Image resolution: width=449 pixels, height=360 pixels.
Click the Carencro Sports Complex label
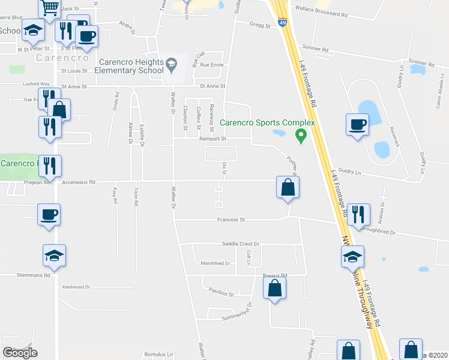click(x=267, y=123)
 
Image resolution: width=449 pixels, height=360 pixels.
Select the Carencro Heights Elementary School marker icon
click(x=172, y=65)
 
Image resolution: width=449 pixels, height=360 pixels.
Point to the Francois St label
click(x=231, y=220)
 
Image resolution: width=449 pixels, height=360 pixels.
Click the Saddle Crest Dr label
click(x=239, y=244)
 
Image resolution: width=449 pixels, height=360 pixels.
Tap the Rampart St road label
click(x=214, y=139)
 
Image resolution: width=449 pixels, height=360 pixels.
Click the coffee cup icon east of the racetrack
click(x=357, y=124)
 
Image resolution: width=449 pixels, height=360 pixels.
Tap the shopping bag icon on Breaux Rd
click(x=274, y=287)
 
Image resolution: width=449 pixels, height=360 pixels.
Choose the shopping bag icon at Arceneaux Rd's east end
click(x=288, y=187)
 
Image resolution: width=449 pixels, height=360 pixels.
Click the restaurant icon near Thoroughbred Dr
click(x=358, y=214)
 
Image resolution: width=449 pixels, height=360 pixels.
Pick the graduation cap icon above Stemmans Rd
click(x=54, y=256)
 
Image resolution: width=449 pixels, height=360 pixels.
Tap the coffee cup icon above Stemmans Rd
click(x=49, y=214)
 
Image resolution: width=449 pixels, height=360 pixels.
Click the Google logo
click(x=20, y=353)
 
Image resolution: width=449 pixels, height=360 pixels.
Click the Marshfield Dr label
click(x=215, y=263)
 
